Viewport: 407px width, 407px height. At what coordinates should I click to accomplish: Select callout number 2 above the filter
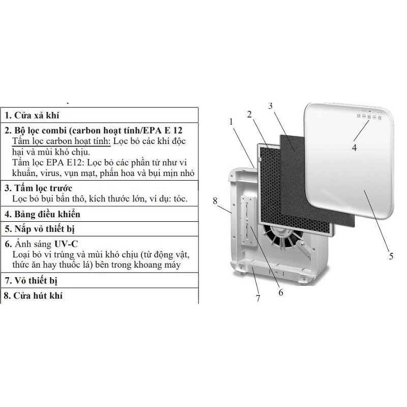point(249,114)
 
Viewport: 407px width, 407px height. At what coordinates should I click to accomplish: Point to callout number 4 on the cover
point(355,148)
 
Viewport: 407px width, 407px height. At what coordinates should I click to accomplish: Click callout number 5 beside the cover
point(390,256)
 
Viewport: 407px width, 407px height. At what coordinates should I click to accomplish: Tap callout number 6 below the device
point(281,292)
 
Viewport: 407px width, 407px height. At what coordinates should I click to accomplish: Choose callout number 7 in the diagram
point(258,299)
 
